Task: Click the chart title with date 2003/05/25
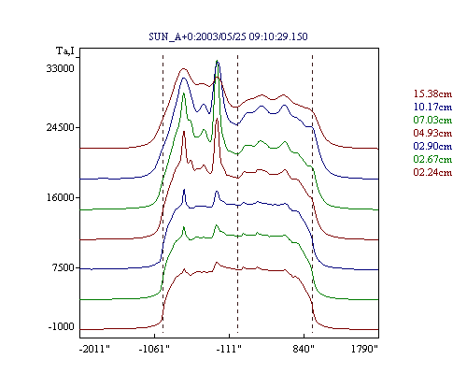point(228,36)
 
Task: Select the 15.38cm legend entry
point(432,93)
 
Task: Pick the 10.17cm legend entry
point(432,107)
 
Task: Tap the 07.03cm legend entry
point(432,120)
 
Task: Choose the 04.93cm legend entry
point(432,133)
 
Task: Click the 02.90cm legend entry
point(432,146)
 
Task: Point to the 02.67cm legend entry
point(432,159)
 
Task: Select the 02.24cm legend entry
point(432,172)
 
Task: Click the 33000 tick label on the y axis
point(61,68)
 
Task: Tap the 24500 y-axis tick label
point(61,127)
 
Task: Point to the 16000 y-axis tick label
point(61,197)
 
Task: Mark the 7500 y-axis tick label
point(64,267)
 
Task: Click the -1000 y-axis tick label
point(62,326)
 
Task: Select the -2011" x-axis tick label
point(95,349)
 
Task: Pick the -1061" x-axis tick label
point(154,349)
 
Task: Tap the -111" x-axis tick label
point(229,349)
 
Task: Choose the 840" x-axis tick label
point(304,349)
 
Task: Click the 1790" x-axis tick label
point(364,349)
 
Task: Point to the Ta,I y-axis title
point(65,50)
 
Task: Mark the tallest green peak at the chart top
point(217,61)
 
